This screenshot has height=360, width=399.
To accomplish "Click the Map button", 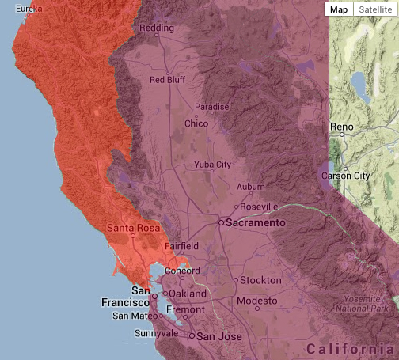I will [339, 9].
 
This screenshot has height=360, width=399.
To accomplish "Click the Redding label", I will [156, 28].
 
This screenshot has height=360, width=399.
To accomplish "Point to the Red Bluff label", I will [167, 80].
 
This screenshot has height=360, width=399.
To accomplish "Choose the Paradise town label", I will [212, 107].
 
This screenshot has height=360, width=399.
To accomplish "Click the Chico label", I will [196, 123].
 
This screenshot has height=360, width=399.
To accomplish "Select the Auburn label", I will [250, 187].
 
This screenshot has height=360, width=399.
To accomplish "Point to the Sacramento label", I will [256, 224].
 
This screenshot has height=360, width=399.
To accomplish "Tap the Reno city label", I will [341, 127].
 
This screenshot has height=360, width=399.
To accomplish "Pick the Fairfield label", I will [181, 246].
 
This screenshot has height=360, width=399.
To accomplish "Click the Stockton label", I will [261, 280].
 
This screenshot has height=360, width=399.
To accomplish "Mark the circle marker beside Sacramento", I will [221, 223].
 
